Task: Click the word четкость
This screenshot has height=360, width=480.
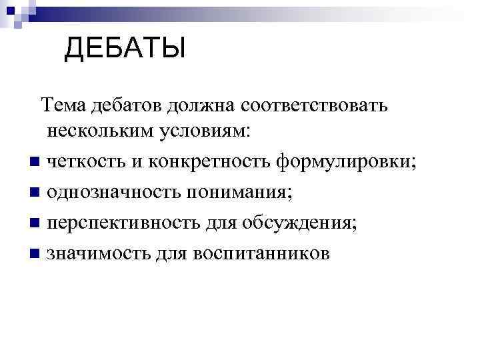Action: (x=84, y=161)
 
